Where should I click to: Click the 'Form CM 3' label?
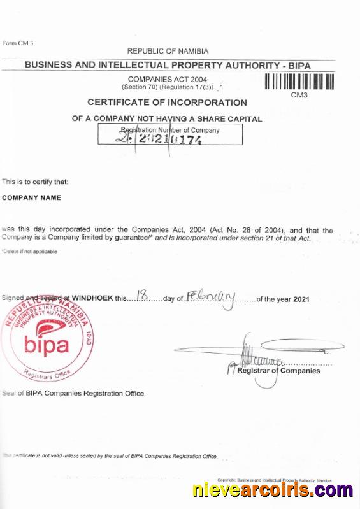click(x=18, y=43)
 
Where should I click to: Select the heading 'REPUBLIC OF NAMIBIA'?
click(x=168, y=51)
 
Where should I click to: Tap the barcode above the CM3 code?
click(x=299, y=82)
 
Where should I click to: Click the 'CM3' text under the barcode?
click(x=299, y=95)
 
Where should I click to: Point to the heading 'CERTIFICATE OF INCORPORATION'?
click(x=167, y=103)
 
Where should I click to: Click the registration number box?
click(x=169, y=134)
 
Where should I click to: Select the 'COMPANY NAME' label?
click(x=32, y=197)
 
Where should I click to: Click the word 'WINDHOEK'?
click(x=92, y=298)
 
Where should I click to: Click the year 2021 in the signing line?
click(x=301, y=298)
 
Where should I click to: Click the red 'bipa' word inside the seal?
click(x=47, y=345)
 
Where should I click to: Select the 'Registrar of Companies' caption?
click(x=278, y=371)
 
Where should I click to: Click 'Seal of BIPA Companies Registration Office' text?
click(x=73, y=393)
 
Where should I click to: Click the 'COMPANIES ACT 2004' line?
click(x=168, y=79)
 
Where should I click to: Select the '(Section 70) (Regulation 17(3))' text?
click(x=168, y=87)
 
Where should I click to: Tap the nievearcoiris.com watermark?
click(x=272, y=491)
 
